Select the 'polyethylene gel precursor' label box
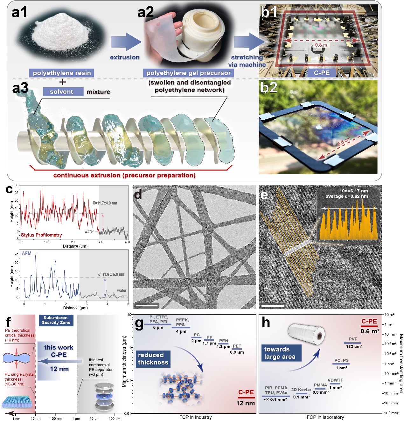click(188, 73)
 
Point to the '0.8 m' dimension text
click(321, 45)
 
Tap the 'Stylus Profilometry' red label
click(41, 235)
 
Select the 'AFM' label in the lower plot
click(27, 253)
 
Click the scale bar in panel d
click(146, 305)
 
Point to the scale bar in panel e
click(272, 306)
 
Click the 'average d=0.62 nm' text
click(346, 196)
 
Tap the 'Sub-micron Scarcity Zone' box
click(56, 320)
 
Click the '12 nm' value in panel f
click(59, 369)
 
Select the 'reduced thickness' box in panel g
click(153, 359)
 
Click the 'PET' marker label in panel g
click(237, 346)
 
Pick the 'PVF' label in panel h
click(353, 339)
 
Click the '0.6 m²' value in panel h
click(370, 331)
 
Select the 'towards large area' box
click(280, 353)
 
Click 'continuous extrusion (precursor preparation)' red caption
click(124, 175)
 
